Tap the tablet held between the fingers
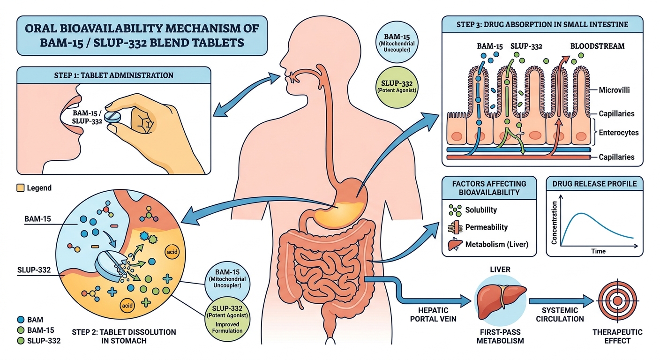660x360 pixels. point(112,117)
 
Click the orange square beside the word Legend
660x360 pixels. point(20,188)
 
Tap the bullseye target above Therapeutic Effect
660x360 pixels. point(618,300)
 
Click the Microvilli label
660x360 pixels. point(616,90)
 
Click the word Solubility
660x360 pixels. point(481,210)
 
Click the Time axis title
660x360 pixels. point(599,251)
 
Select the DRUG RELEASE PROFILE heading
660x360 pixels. point(594,184)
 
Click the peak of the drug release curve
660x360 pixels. point(581,214)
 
